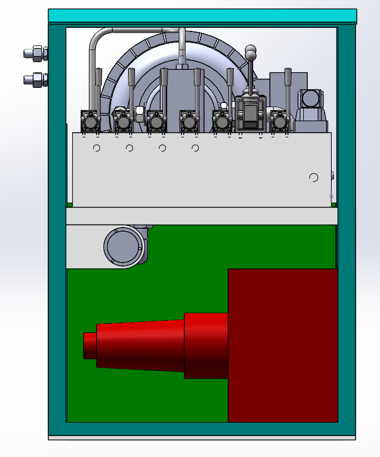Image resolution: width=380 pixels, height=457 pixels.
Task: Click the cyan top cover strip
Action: tap(202, 16)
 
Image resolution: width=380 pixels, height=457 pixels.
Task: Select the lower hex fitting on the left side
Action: tap(36, 79)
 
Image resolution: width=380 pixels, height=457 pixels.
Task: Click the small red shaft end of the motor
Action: tap(89, 345)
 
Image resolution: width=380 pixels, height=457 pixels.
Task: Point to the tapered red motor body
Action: tap(140, 344)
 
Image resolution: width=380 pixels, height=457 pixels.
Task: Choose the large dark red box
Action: tap(282, 345)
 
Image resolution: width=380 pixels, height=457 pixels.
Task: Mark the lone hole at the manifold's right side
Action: tap(314, 178)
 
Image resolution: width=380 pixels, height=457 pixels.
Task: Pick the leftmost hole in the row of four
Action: tap(97, 148)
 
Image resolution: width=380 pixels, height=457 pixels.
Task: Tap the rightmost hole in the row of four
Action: tap(196, 148)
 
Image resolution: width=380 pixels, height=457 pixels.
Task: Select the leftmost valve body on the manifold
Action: tap(90, 122)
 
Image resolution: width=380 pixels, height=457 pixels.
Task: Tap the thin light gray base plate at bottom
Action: tap(202, 437)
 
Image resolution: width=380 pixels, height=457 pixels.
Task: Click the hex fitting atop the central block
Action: tap(182, 60)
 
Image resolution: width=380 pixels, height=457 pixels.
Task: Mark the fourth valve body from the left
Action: tap(188, 122)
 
